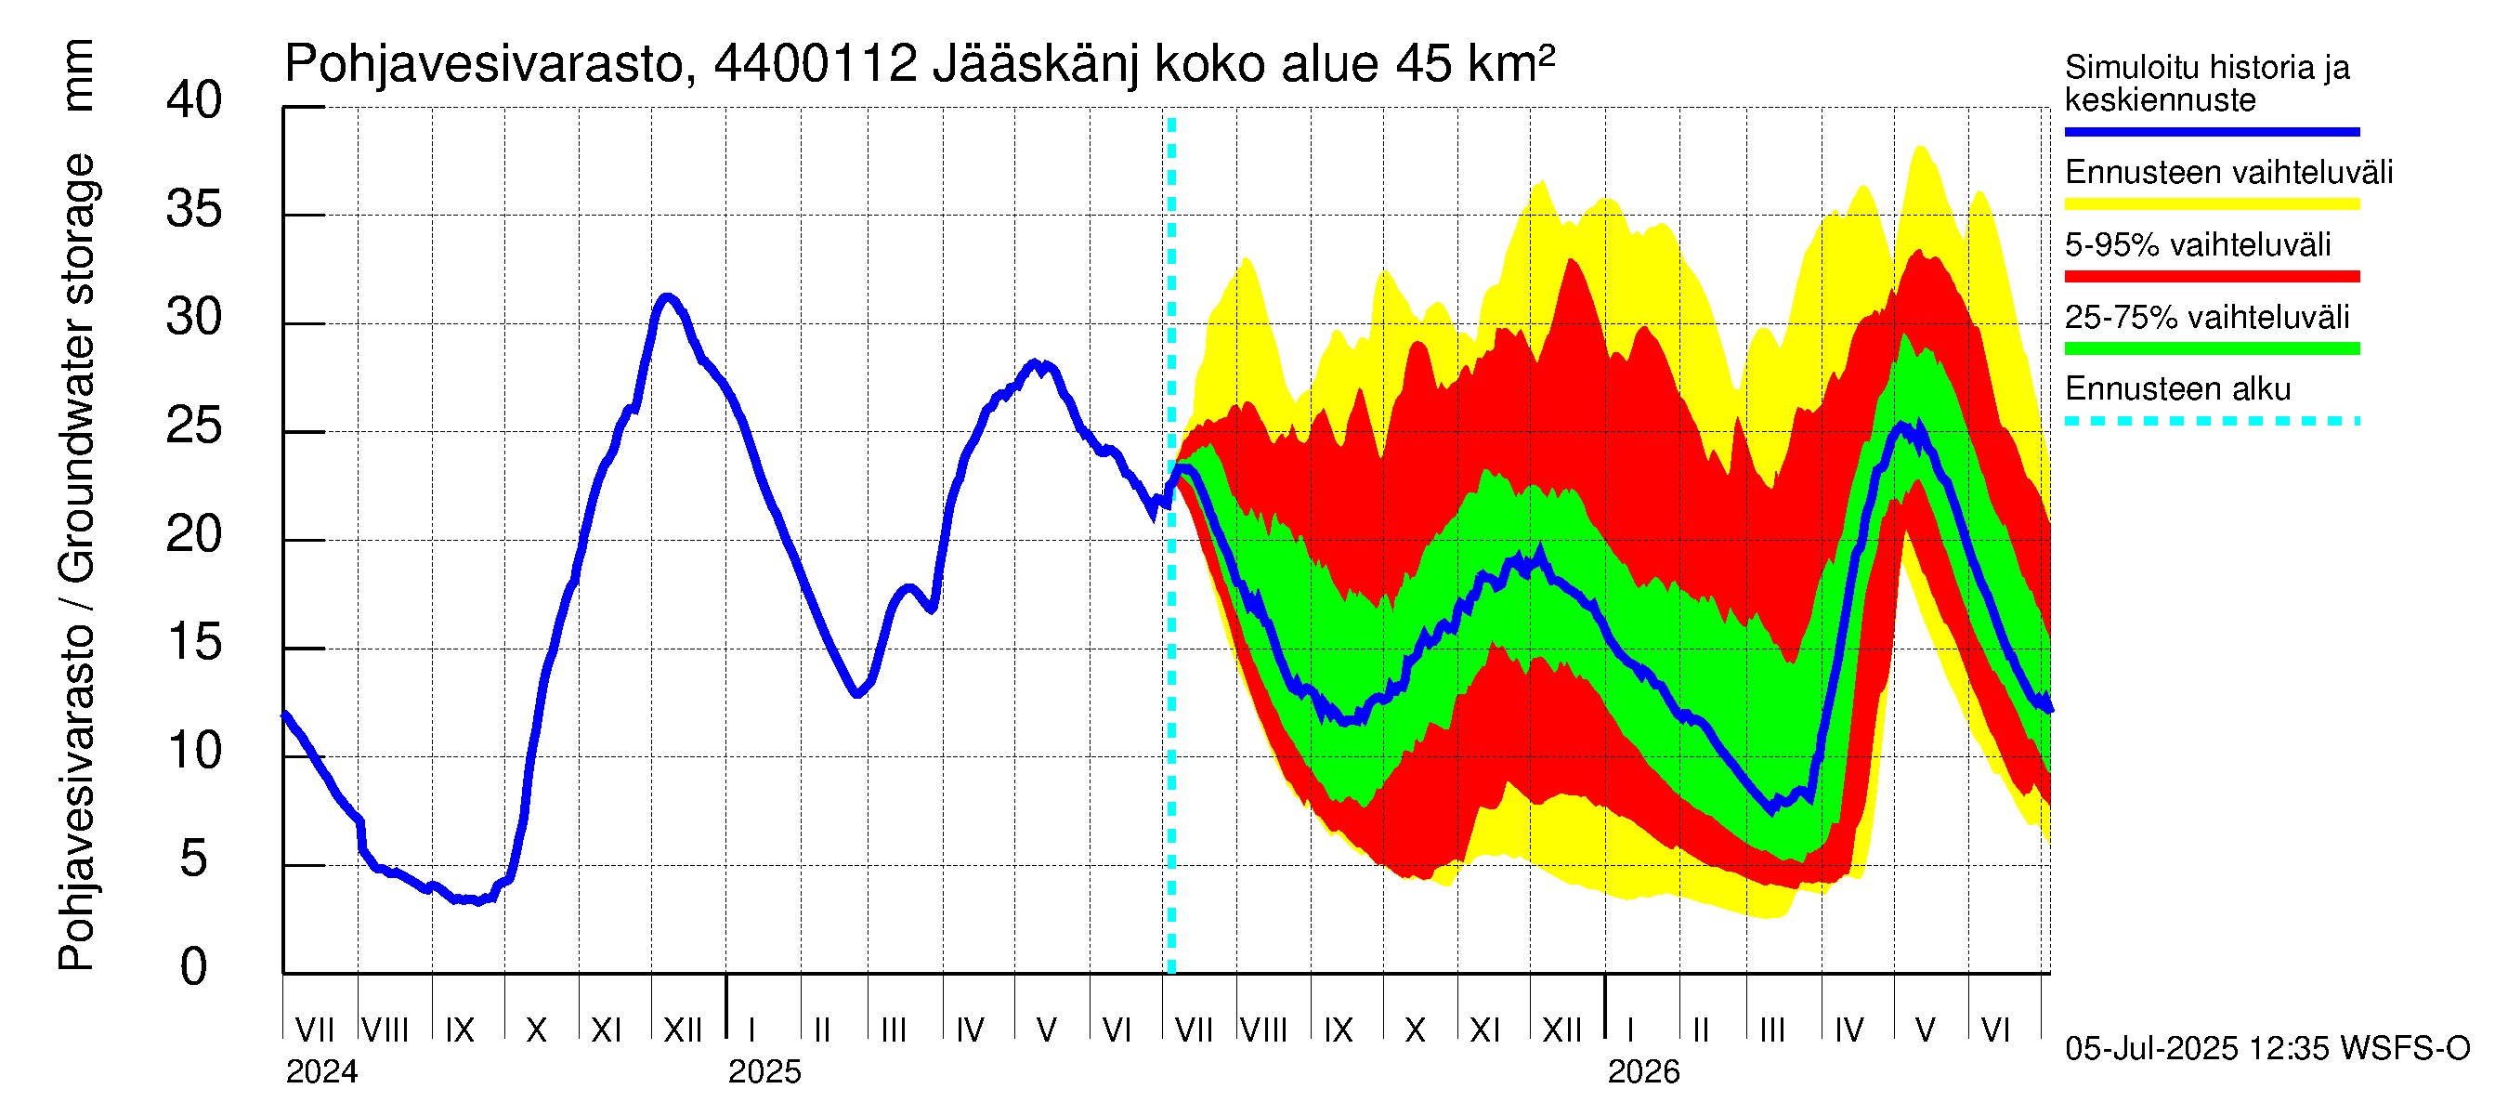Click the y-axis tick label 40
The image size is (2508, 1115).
pyautogui.click(x=194, y=101)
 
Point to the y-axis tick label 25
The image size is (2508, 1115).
pyautogui.click(x=194, y=426)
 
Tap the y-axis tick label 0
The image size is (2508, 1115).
pyautogui.click(x=194, y=967)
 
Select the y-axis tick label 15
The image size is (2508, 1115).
pyautogui.click(x=194, y=643)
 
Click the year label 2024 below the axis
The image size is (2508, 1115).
pyautogui.click(x=321, y=1072)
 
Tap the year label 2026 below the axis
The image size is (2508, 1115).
pyautogui.click(x=1643, y=1072)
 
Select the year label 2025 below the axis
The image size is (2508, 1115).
pyautogui.click(x=764, y=1072)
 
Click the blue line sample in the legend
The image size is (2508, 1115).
pyautogui.click(x=2211, y=131)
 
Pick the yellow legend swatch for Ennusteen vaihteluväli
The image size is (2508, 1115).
pyautogui.click(x=2211, y=204)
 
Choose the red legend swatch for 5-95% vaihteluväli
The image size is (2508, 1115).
pyautogui.click(x=2211, y=277)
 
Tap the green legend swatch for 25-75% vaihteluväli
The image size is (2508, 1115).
pyautogui.click(x=2211, y=348)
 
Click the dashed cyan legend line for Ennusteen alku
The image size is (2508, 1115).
pyautogui.click(x=2211, y=422)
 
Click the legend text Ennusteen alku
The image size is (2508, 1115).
pyautogui.click(x=2178, y=389)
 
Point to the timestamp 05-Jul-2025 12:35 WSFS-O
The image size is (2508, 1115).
pyautogui.click(x=2267, y=1049)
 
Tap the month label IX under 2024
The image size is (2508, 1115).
pyautogui.click(x=460, y=1030)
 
